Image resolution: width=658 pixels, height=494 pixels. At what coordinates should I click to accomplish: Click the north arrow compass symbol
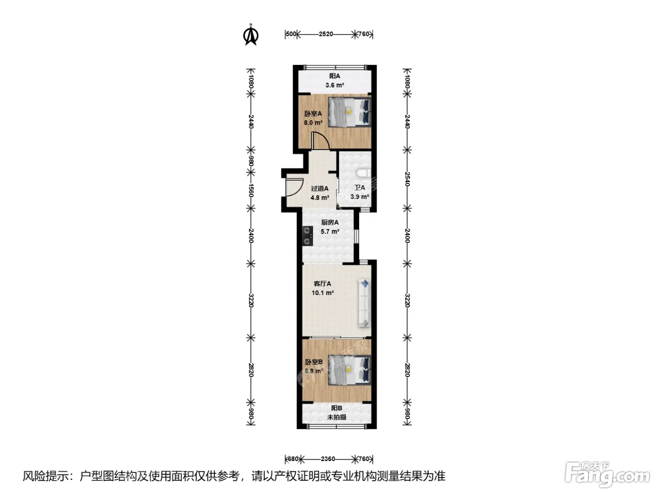point(251,35)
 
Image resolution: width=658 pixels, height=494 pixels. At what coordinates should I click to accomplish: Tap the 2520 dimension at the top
point(326,34)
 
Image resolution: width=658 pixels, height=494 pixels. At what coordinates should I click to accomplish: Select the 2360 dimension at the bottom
point(328,459)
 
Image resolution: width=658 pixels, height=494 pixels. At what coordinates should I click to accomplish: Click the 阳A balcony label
point(335,76)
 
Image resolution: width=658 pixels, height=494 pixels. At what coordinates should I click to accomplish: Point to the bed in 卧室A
point(350,112)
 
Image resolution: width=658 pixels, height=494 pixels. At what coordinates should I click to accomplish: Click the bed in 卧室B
point(350,370)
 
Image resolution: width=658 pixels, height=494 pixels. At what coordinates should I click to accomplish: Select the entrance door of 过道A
point(294,187)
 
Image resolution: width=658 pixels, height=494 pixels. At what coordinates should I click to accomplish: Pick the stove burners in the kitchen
point(307,236)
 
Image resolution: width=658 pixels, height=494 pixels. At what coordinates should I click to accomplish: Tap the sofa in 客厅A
point(364,303)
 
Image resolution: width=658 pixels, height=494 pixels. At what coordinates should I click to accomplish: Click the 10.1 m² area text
point(322,293)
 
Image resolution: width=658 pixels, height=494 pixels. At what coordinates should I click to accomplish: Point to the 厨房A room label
point(330,222)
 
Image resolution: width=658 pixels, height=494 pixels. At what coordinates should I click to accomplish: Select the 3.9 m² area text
point(360,197)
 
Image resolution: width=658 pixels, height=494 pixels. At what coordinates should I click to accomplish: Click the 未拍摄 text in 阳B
point(337,417)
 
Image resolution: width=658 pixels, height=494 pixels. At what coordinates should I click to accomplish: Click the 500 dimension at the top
point(291,34)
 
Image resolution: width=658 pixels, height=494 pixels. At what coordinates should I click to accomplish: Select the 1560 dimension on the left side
point(251,190)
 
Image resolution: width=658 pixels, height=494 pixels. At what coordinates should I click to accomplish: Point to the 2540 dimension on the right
point(407,179)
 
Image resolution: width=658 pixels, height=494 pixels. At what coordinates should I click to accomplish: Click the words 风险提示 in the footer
point(46,476)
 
